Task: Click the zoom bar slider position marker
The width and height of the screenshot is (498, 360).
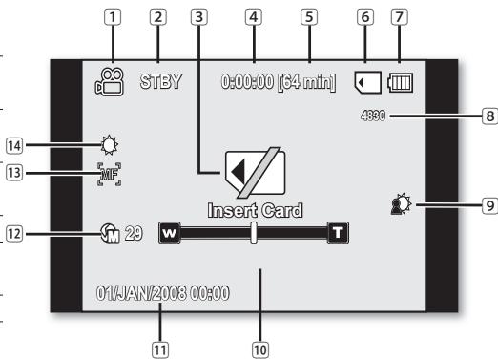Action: (253, 233)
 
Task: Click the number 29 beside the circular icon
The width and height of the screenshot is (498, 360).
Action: (134, 233)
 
